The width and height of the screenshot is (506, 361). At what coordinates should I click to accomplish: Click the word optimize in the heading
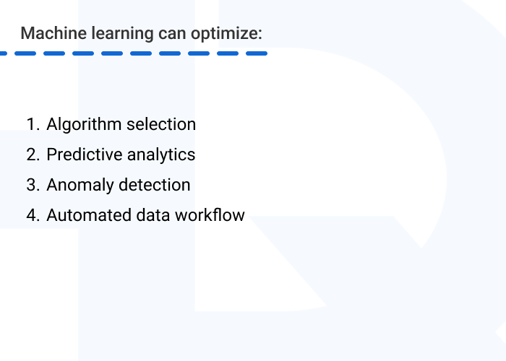coord(218,34)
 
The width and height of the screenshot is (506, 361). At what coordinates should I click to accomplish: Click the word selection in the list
coord(161,124)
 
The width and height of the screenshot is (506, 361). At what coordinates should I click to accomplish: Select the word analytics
coord(161,155)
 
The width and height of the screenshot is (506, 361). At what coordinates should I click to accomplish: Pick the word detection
coord(154,185)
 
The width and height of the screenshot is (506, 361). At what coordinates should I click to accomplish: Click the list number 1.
coord(32,124)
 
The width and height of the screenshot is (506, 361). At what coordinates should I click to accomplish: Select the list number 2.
coord(32,155)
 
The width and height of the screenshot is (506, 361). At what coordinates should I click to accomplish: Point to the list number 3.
coord(32,185)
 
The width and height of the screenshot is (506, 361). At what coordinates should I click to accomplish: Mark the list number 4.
coord(32,215)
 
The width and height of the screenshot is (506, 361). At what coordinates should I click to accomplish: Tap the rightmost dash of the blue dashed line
coord(257,53)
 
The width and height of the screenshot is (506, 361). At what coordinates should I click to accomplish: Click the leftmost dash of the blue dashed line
coord(4,53)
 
